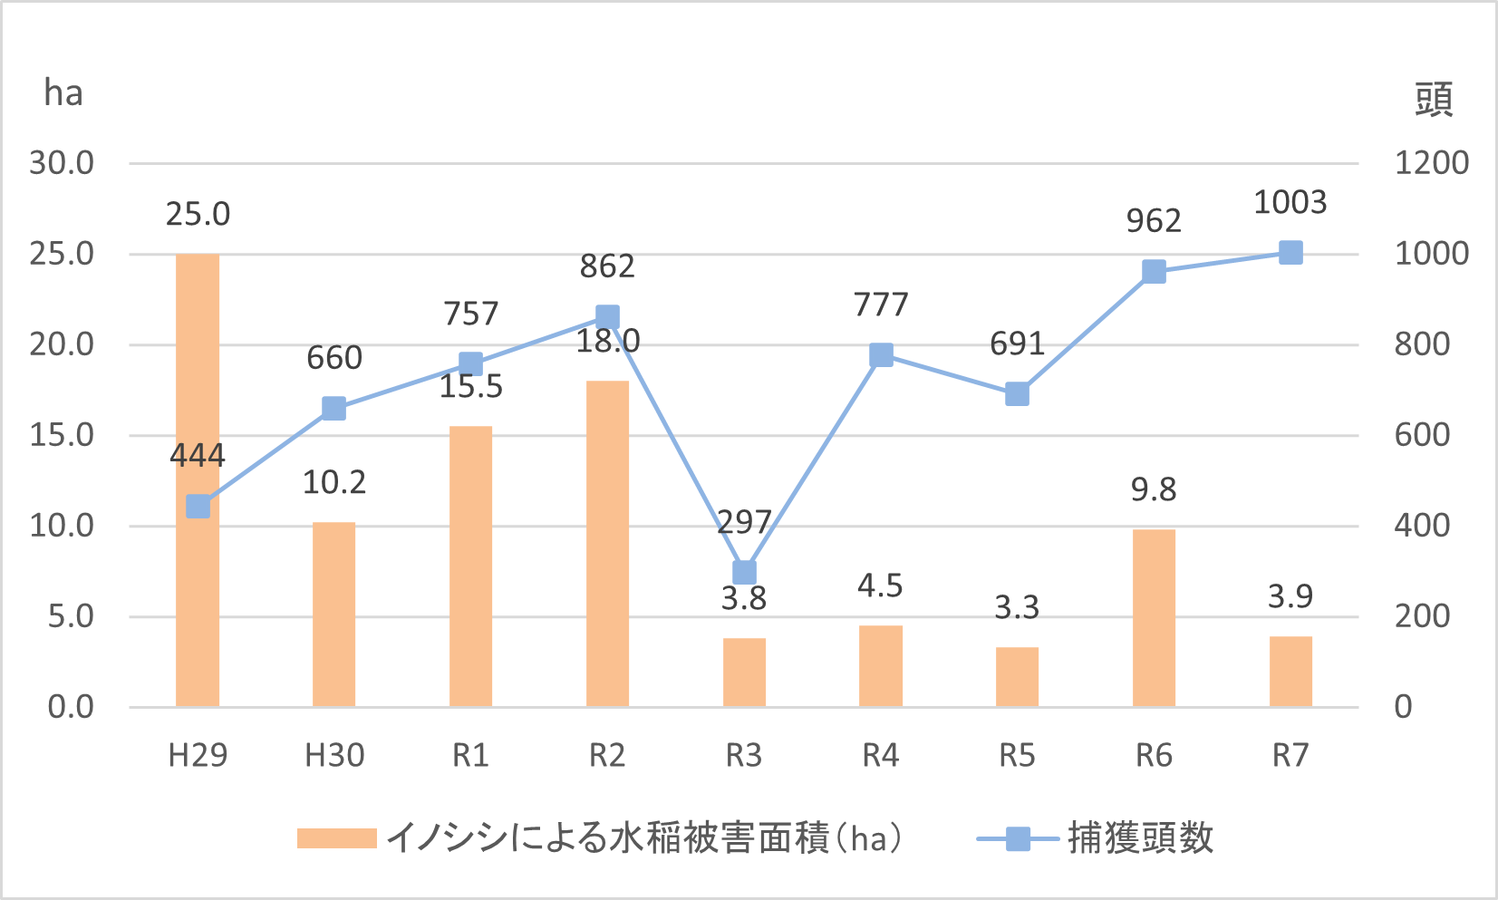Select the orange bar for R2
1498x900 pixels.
tap(607, 544)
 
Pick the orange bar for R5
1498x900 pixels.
tap(1017, 677)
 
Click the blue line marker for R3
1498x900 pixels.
tap(744, 573)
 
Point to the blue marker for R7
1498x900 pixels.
tap(1290, 253)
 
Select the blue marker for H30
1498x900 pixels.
tap(334, 409)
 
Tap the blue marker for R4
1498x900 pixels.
tap(881, 355)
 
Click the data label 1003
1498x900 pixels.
tap(1290, 202)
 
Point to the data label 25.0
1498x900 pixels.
tap(198, 215)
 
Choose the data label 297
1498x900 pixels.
tap(744, 522)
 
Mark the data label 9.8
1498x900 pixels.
tap(1154, 490)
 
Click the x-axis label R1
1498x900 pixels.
tap(470, 755)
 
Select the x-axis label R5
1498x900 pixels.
tap(1017, 755)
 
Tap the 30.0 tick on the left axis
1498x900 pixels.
tap(62, 163)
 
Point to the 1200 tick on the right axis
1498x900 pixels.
tap(1431, 163)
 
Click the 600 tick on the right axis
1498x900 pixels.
tap(1422, 435)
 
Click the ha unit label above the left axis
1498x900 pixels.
tap(63, 93)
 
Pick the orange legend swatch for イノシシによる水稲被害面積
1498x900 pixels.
tap(336, 838)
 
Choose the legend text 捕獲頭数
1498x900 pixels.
tap(1140, 838)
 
